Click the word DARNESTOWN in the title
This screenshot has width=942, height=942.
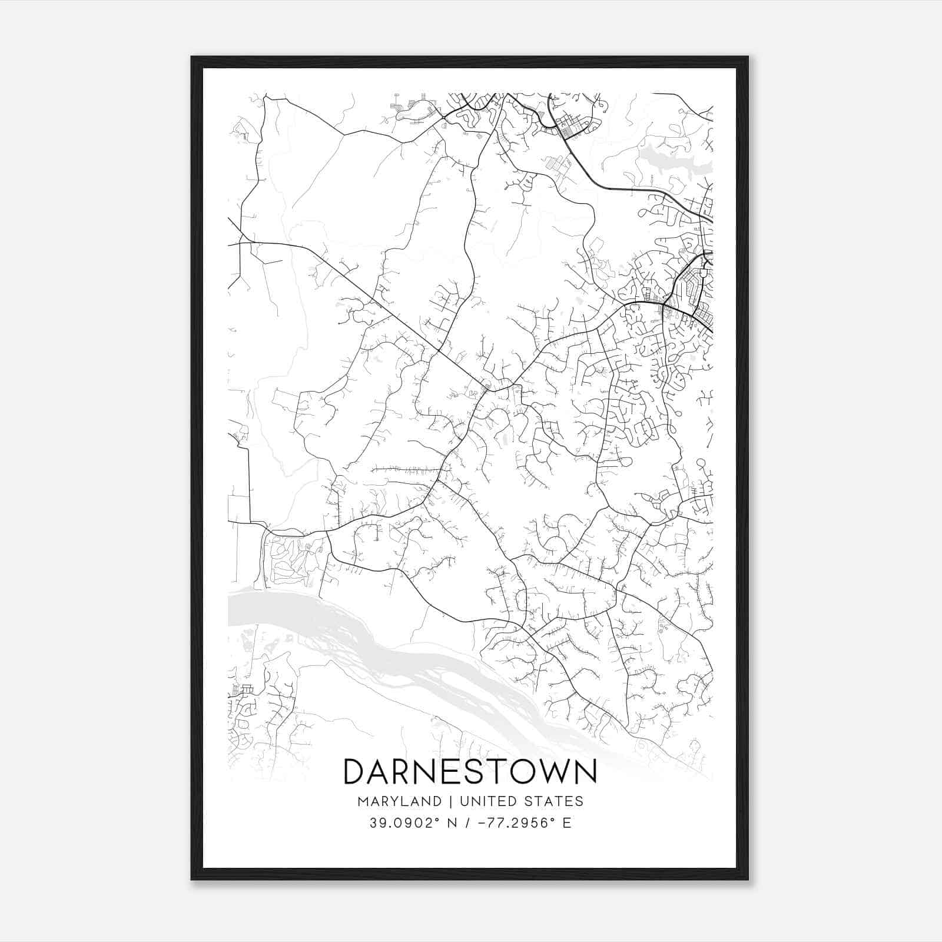point(470,772)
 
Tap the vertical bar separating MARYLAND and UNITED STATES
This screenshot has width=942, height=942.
point(450,801)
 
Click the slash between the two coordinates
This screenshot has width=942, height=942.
point(467,823)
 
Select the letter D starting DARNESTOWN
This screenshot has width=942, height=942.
point(356,772)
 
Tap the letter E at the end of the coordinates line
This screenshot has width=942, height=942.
point(567,823)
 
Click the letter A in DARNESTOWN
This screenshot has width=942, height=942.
point(383,772)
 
